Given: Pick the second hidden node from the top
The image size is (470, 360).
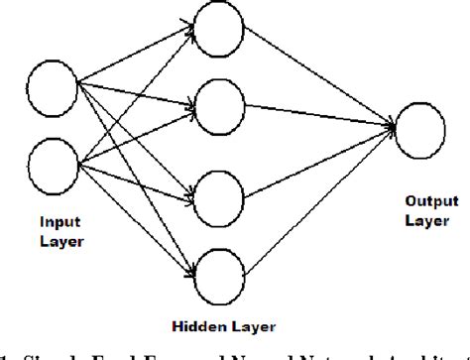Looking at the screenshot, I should click(217, 102).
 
